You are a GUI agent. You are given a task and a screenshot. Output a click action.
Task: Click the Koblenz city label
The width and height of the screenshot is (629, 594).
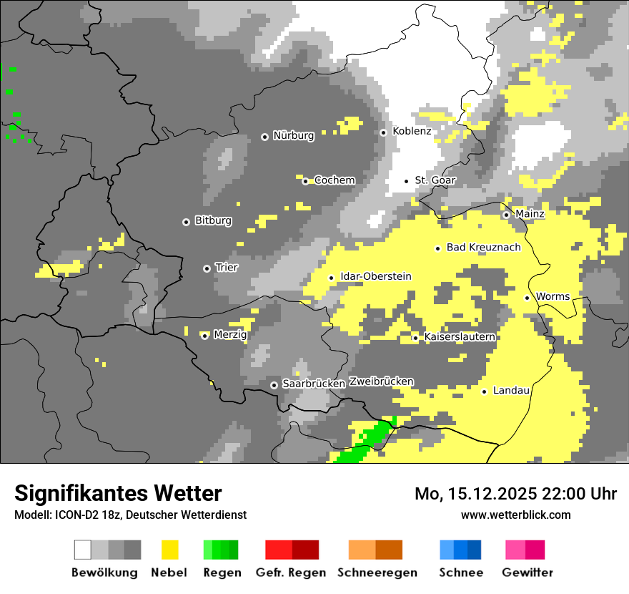pyautogui.click(x=412, y=131)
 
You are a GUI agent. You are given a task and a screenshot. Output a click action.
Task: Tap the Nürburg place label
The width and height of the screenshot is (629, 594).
pyautogui.click(x=293, y=135)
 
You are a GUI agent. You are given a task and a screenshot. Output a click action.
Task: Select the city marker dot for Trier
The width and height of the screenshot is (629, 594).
pyautogui.click(x=207, y=268)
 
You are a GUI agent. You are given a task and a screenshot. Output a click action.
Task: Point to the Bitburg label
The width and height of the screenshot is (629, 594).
pyautogui.click(x=213, y=220)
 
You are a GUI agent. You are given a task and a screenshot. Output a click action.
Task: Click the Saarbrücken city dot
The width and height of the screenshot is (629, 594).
pyautogui.click(x=274, y=385)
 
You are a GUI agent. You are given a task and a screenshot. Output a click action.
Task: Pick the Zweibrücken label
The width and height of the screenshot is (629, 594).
pyautogui.click(x=381, y=381)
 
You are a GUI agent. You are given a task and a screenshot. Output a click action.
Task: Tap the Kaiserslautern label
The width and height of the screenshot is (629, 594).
pyautogui.click(x=460, y=336)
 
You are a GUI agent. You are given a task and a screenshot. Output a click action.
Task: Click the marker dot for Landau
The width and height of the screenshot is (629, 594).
pyautogui.click(x=484, y=391)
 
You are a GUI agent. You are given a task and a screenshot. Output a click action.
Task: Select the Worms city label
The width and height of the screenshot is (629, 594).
pyautogui.click(x=553, y=296)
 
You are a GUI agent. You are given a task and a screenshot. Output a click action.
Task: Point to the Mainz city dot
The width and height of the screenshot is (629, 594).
pyautogui.click(x=506, y=215)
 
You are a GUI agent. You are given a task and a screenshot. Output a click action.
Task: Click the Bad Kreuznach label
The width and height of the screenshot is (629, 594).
pyautogui.click(x=483, y=247)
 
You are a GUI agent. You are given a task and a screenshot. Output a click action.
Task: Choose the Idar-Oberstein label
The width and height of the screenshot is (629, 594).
pyautogui.click(x=375, y=276)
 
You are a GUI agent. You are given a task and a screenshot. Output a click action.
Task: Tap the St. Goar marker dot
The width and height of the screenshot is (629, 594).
pyautogui.click(x=407, y=181)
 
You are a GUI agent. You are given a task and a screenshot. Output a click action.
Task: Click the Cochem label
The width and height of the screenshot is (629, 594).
pyautogui.click(x=335, y=180)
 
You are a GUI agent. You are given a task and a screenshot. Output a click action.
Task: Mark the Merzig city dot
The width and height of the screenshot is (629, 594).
pyautogui.click(x=204, y=336)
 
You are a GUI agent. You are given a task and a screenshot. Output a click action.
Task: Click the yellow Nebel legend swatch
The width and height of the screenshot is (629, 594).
pyautogui.click(x=169, y=550)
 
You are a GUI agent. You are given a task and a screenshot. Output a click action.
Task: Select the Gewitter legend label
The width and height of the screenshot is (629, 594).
pyautogui.click(x=527, y=573)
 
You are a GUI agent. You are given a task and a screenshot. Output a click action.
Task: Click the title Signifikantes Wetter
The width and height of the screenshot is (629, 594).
pyautogui.click(x=118, y=493)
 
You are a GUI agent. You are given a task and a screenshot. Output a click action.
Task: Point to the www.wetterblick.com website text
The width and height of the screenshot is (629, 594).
pyautogui.click(x=515, y=515)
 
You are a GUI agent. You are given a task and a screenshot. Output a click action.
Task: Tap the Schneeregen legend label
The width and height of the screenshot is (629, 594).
pyautogui.click(x=377, y=573)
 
